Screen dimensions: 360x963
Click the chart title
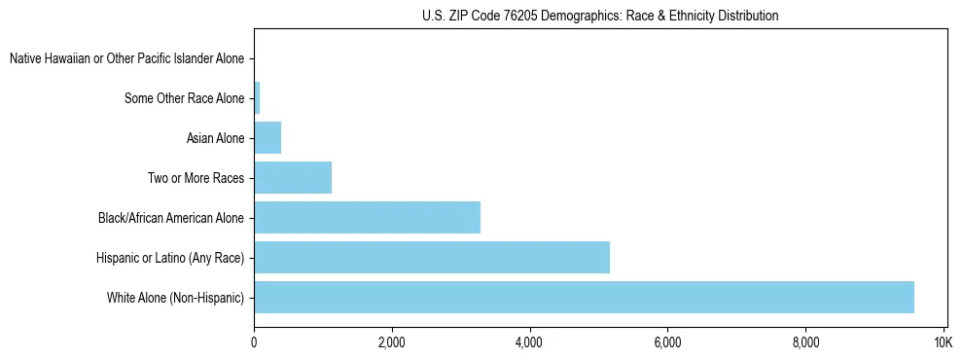pyautogui.click(x=600, y=16)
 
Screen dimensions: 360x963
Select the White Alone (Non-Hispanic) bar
pyautogui.click(x=584, y=297)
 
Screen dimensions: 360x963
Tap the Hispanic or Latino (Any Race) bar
pyautogui.click(x=432, y=257)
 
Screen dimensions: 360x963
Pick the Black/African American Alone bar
pyautogui.click(x=367, y=217)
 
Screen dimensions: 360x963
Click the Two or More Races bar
pyautogui.click(x=293, y=178)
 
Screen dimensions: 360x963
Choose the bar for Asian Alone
pyautogui.click(x=267, y=138)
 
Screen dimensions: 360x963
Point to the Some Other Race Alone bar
pyautogui.click(x=257, y=98)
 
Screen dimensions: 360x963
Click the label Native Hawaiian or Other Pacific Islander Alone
pyautogui.click(x=126, y=59)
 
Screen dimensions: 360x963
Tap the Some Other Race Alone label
pyautogui.click(x=185, y=98)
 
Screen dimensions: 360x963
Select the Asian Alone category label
pyautogui.click(x=216, y=138)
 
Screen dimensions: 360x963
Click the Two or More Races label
pyautogui.click(x=196, y=178)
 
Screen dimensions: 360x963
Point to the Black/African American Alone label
pyautogui.click(x=171, y=217)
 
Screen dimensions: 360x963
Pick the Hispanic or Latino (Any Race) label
pyautogui.click(x=170, y=257)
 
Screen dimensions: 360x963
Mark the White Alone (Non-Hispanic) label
pyautogui.click(x=175, y=297)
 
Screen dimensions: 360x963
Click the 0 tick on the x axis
pyautogui.click(x=254, y=343)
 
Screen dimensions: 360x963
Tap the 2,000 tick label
pyautogui.click(x=392, y=343)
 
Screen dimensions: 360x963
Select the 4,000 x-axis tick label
pyautogui.click(x=530, y=343)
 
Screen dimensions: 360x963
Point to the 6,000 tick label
pyautogui.click(x=667, y=343)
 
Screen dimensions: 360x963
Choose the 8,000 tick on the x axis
pyautogui.click(x=805, y=343)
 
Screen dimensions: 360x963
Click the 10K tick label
pyautogui.click(x=943, y=343)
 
